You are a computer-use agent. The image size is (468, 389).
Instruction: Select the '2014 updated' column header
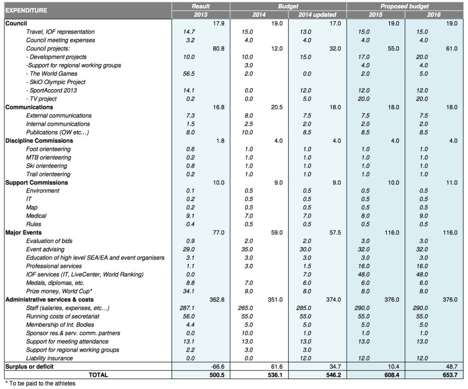click(317, 13)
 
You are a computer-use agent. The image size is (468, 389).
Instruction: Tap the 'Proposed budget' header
click(405, 5)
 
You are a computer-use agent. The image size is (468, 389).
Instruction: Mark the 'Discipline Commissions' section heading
click(38, 141)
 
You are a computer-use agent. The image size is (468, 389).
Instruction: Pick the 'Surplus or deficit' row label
click(31, 366)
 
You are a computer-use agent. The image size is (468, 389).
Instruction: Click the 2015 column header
click(376, 13)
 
